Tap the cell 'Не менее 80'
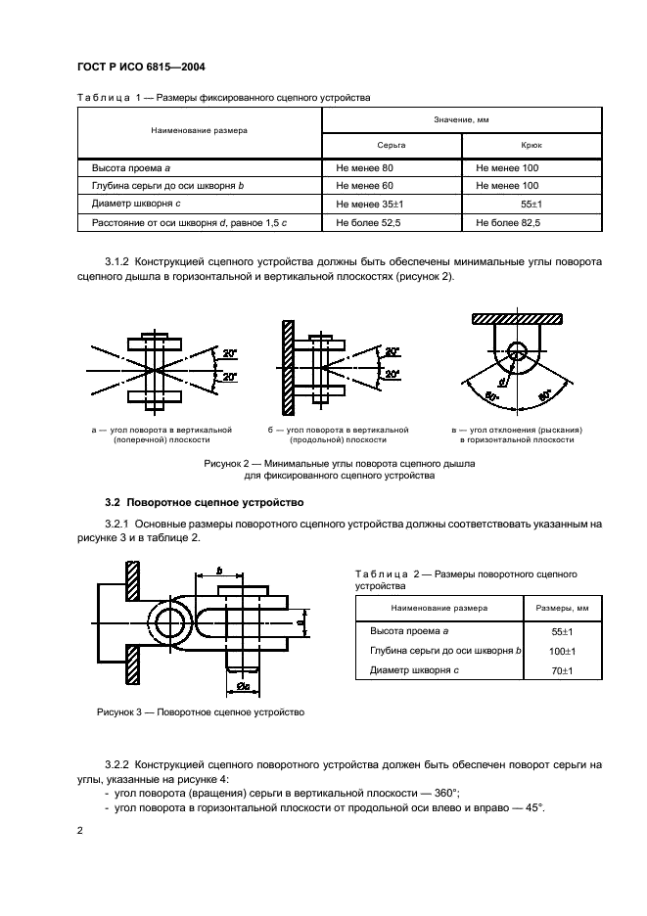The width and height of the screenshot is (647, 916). click(364, 167)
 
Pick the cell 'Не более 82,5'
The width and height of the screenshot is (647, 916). click(507, 223)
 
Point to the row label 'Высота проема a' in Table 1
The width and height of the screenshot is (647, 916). click(131, 167)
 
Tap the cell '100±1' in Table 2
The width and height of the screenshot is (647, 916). click(561, 651)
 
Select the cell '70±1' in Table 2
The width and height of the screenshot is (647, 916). click(561, 670)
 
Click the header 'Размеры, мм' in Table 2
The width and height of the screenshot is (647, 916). click(561, 608)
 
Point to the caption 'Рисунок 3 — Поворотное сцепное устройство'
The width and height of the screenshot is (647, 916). click(201, 712)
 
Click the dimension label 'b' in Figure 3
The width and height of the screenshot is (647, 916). click(219, 570)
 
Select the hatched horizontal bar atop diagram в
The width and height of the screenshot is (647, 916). click(518, 319)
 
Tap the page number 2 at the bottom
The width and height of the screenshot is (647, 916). click(80, 830)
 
